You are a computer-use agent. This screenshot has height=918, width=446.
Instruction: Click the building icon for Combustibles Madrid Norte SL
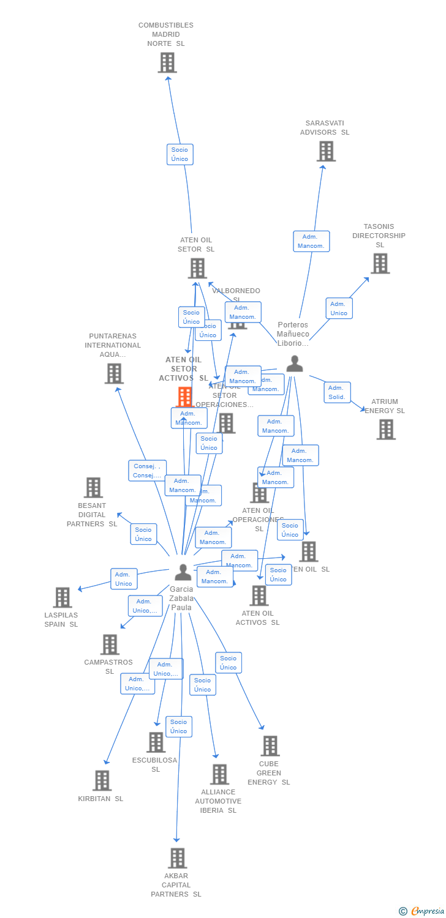tap(167, 62)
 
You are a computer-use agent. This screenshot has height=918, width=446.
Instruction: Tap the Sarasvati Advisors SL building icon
tap(326, 151)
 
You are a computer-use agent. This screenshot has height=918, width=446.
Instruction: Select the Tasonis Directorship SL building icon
tap(380, 263)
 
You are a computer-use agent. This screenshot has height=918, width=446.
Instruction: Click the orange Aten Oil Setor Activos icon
tap(184, 397)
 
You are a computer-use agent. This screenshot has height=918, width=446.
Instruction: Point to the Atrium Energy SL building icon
tap(386, 430)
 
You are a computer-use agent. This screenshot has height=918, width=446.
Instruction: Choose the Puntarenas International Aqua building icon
tap(114, 373)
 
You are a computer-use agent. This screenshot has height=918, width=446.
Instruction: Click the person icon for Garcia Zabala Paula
tap(183, 572)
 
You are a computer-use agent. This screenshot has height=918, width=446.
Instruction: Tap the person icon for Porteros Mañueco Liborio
tap(295, 364)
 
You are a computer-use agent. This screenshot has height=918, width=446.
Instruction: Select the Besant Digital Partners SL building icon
tap(93, 488)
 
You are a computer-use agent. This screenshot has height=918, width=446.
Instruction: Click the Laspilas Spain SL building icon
tap(62, 597)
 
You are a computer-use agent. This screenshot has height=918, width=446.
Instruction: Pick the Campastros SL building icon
tap(110, 644)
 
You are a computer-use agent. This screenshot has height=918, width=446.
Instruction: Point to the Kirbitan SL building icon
tap(102, 780)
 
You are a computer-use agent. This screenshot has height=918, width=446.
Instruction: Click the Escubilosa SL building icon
tap(156, 742)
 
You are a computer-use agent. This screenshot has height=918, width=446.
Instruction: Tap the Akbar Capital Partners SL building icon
tap(177, 858)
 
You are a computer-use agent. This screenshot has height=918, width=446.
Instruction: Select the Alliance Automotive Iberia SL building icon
tap(219, 774)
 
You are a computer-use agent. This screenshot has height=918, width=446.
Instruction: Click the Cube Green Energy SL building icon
tap(270, 746)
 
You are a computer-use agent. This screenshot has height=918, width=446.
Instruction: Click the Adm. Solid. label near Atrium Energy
tap(337, 392)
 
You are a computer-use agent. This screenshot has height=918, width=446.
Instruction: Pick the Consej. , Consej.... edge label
tap(147, 471)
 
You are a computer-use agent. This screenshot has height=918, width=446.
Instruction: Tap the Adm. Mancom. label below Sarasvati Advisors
tap(311, 241)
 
